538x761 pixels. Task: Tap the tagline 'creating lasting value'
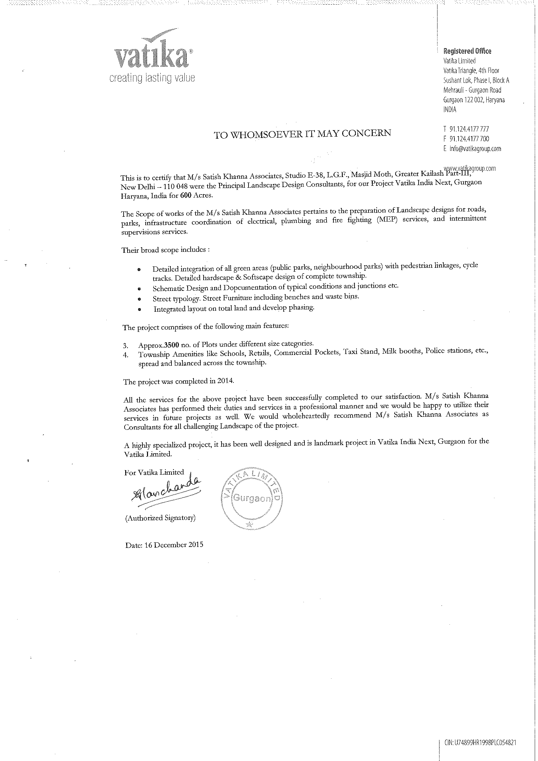[x=152, y=78]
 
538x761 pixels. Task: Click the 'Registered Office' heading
[x=467, y=51]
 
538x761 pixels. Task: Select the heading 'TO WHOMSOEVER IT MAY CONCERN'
[x=302, y=134]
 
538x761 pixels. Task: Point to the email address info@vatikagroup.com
[x=475, y=148]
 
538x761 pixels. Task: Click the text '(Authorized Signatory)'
[x=160, y=518]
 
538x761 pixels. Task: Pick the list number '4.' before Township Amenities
[x=126, y=354]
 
